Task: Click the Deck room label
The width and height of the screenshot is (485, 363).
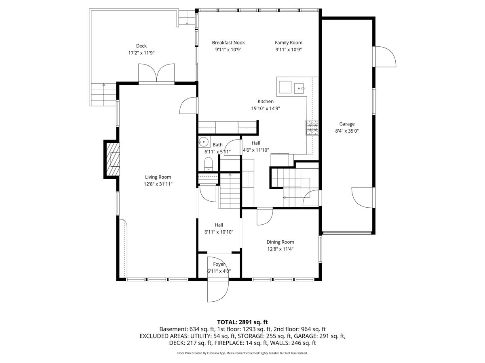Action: (141, 46)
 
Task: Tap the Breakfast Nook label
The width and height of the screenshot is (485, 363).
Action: (228, 42)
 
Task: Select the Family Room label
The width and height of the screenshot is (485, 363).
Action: (288, 42)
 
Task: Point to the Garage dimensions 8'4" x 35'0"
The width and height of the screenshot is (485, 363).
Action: (347, 131)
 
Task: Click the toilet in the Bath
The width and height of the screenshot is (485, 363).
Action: (208, 164)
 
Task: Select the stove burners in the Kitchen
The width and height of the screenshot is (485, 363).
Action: (312, 127)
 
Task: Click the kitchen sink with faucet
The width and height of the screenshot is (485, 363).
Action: (299, 88)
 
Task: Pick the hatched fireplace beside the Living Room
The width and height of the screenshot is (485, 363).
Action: (113, 159)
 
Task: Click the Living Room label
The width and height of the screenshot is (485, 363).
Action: (158, 177)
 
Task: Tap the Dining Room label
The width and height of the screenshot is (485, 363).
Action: (280, 242)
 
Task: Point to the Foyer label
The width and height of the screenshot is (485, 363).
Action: (219, 264)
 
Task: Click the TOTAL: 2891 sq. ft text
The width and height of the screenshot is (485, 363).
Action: (242, 322)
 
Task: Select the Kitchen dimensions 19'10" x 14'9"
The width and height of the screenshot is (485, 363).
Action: (266, 108)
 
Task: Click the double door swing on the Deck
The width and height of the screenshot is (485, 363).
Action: (156, 73)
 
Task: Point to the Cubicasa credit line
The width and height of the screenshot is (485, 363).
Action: (242, 353)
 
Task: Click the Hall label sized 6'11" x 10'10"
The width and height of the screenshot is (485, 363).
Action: (219, 225)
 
